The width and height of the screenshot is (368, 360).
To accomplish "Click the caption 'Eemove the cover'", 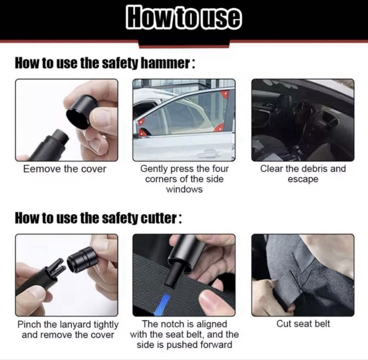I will coord(65,169).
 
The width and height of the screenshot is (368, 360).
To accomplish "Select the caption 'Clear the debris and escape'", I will coord(303,174).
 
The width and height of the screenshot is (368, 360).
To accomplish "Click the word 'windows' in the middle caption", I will coord(184,189).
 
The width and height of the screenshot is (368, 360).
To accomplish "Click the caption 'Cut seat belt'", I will coord(303,324).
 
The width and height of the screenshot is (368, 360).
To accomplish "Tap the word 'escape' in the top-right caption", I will coord(303,179).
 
